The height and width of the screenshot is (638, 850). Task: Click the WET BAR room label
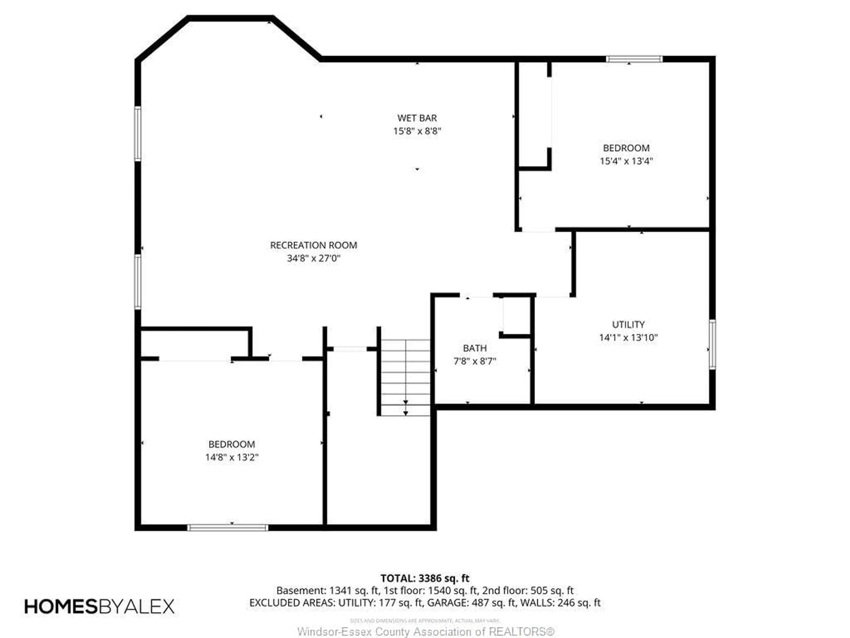click(417, 118)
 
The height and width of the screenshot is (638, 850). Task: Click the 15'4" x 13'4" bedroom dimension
click(626, 161)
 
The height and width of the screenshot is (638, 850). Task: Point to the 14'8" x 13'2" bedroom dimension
click(232, 457)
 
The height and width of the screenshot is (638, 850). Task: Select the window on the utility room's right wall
click(712, 344)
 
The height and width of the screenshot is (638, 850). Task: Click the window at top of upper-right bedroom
click(634, 59)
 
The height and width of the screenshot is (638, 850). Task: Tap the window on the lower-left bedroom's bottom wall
click(228, 528)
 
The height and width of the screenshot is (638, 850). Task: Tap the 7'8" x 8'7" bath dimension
click(475, 362)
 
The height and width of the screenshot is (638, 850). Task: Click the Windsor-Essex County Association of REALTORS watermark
click(426, 631)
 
